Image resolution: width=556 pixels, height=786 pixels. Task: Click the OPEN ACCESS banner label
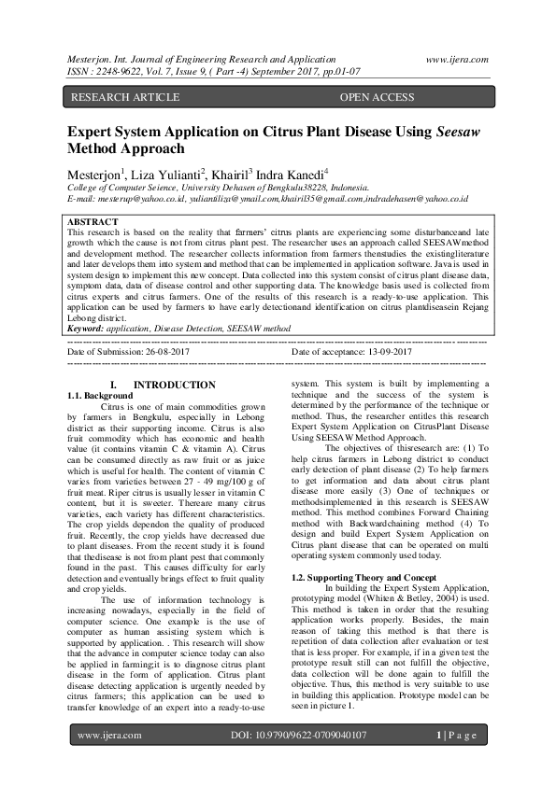pyautogui.click(x=377, y=96)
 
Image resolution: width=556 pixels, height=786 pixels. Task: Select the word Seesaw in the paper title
pyautogui.click(x=459, y=133)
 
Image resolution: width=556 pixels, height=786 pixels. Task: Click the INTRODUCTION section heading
pyautogui.click(x=175, y=385)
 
